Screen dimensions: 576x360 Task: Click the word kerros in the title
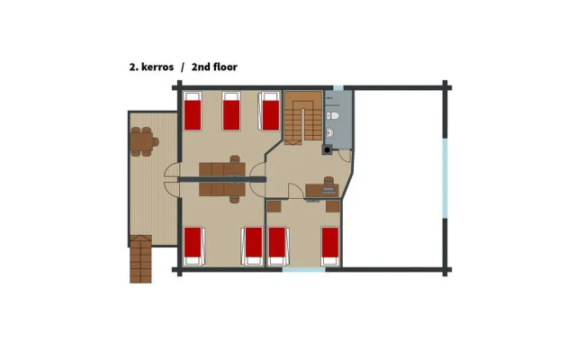[x=157, y=67]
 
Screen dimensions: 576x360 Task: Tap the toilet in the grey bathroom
[x=332, y=116]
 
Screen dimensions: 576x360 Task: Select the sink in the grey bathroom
[x=330, y=132]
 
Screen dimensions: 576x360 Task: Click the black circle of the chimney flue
[x=327, y=150]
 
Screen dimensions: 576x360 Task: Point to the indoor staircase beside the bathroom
[x=303, y=117]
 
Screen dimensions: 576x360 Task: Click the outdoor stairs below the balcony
[x=140, y=259]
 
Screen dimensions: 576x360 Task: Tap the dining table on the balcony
[x=142, y=142]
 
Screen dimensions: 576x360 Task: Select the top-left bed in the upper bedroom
[x=193, y=111]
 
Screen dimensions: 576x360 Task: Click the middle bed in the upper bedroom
[x=231, y=111]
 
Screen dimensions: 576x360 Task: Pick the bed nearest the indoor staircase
[x=270, y=111]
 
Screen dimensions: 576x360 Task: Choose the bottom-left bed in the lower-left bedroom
[x=193, y=246]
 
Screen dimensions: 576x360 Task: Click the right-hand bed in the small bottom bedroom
[x=330, y=246]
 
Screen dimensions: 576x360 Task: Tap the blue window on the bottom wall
[x=304, y=270]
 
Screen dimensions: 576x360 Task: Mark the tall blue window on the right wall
[x=445, y=178]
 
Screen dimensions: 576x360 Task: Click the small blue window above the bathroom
[x=338, y=88]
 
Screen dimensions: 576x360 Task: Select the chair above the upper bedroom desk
[x=235, y=159]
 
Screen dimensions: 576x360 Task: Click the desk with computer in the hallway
[x=322, y=191]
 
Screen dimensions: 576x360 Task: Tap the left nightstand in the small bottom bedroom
[x=274, y=206]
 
